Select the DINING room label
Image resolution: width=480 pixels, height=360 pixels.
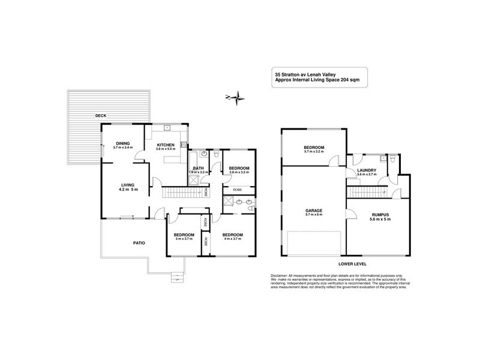click(x=123, y=143)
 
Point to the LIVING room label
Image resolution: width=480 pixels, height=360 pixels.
click(x=127, y=185)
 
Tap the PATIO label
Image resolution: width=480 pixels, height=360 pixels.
click(x=139, y=242)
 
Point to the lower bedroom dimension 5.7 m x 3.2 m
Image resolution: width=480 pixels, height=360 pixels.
click(x=313, y=152)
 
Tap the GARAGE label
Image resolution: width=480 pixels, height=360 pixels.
click(x=313, y=211)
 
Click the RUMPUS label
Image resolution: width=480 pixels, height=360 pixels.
click(x=381, y=214)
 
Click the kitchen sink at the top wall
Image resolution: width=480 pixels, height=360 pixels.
click(x=167, y=128)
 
